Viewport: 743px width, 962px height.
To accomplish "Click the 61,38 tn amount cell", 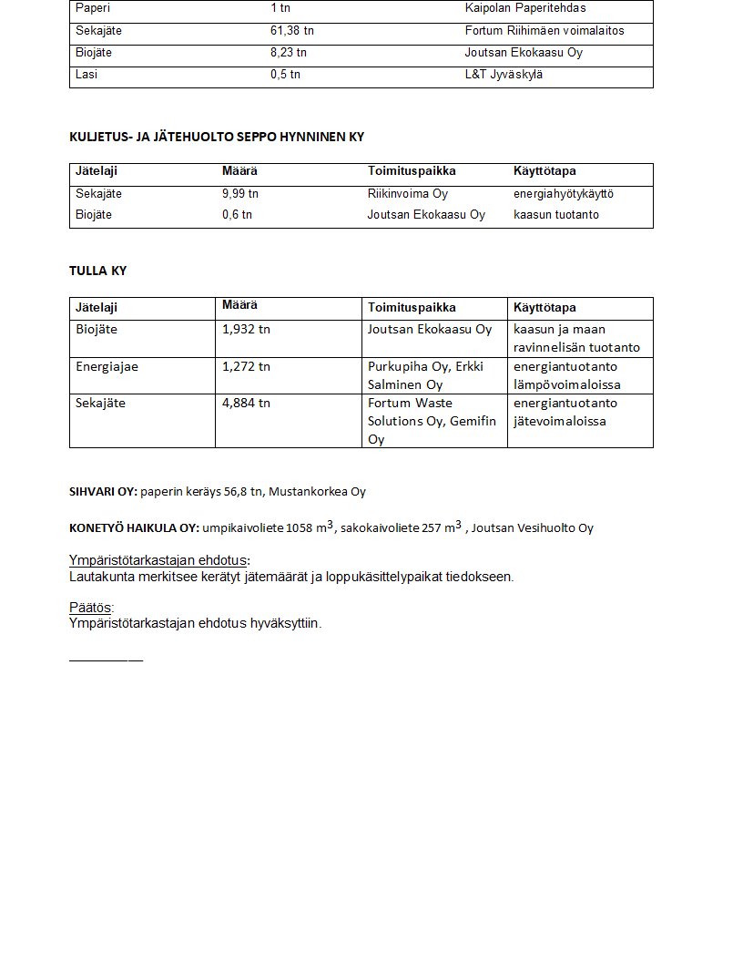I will coord(291,31).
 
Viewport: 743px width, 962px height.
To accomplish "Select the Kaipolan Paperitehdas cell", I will coord(524,8).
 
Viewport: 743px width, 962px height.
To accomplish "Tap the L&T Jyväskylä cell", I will coord(503,75).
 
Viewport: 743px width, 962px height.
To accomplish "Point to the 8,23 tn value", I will coord(288,53).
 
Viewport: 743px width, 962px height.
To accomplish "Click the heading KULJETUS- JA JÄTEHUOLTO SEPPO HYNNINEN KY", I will coord(217,137).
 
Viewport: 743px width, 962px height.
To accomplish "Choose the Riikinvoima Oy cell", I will coord(407,194).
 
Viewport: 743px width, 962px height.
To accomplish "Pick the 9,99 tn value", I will coord(240,194).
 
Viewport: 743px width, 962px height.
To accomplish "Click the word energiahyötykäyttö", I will coord(564,194).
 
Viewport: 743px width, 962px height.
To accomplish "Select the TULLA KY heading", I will coord(97,271).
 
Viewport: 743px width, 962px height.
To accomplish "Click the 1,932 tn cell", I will coord(246,329).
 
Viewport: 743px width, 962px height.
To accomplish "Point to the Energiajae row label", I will coord(107,366).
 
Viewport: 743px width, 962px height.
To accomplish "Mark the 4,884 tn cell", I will coord(246,403).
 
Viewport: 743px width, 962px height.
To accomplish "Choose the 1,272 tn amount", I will coord(246,366).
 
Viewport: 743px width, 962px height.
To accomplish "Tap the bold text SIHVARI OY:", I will coord(103,492).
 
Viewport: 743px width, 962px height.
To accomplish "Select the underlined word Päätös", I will coord(92,608).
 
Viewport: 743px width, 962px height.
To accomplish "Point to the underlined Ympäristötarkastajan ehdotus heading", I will coord(158,560).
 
